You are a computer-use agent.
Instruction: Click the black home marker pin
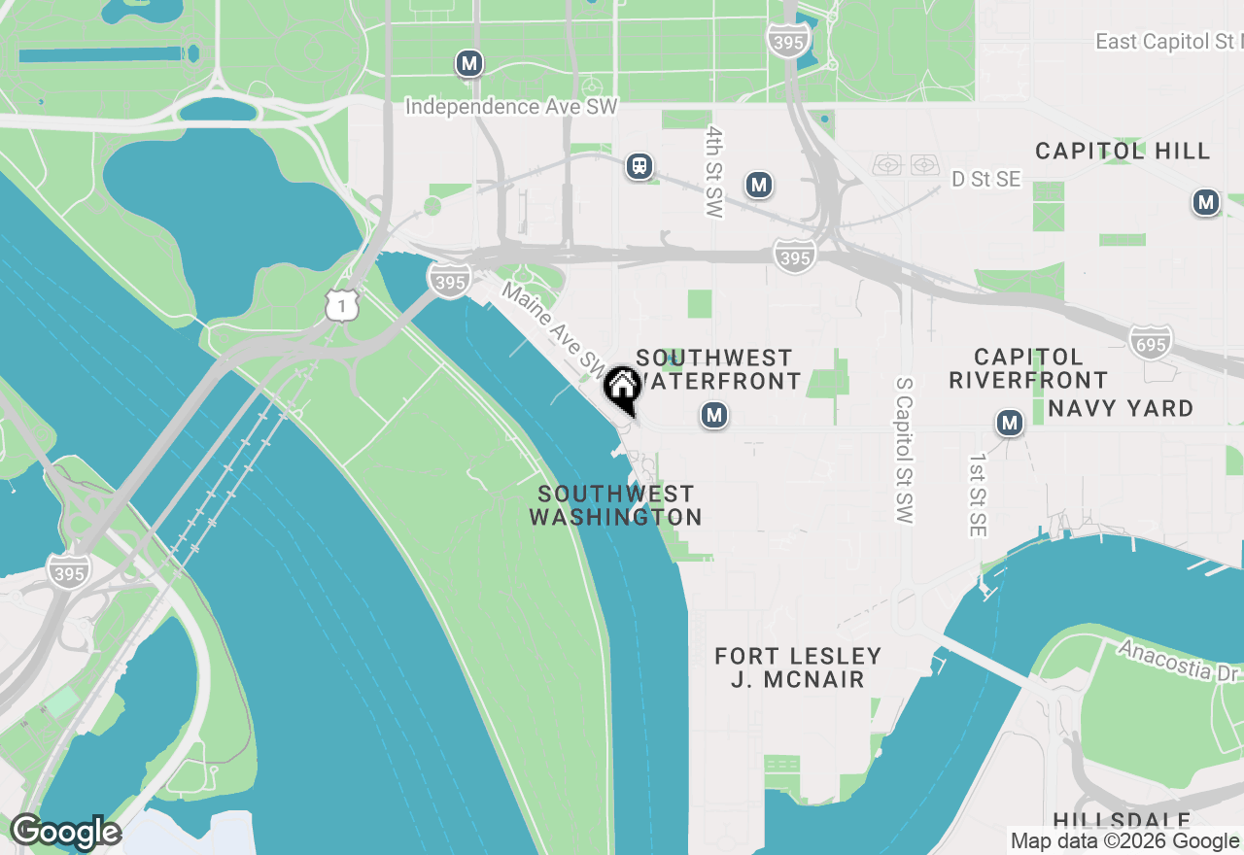pos(621,388)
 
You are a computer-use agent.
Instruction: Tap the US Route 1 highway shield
pos(341,305)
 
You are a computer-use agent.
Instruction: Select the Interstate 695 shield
pos(1150,342)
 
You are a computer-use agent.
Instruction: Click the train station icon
pos(639,165)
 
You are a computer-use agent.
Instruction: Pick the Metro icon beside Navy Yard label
pos(1010,423)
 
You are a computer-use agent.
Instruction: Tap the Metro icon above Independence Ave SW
pos(469,64)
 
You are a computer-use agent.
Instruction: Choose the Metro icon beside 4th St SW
pos(759,184)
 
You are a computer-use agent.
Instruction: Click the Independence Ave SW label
pos(511,107)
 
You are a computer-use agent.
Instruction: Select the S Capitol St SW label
pos(905,451)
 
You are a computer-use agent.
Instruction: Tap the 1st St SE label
pos(978,494)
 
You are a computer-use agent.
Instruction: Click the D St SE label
pos(985,180)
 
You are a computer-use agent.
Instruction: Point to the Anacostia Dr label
pos(1179,660)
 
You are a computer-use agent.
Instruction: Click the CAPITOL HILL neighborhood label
pos(1123,152)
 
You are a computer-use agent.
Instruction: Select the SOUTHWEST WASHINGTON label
pos(615,506)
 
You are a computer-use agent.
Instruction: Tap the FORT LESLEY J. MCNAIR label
pos(798,667)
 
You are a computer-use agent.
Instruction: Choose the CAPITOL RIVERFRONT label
pos(1028,368)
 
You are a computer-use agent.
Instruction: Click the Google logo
pos(65,833)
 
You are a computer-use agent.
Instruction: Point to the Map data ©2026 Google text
pos(1125,841)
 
